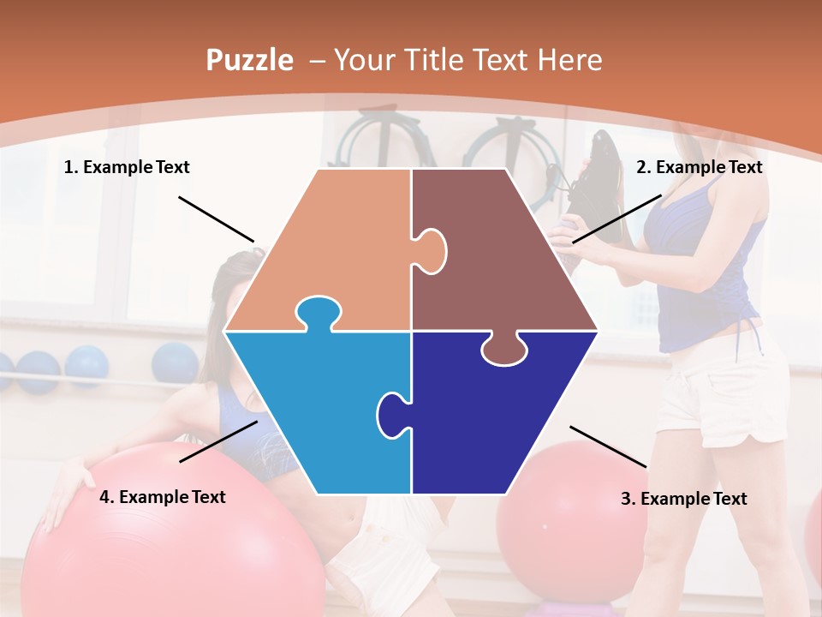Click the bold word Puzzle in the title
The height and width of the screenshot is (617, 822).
(249, 60)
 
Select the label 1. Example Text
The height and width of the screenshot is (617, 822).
(127, 167)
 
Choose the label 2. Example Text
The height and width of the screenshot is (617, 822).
(699, 167)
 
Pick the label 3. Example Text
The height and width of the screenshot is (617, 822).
(683, 499)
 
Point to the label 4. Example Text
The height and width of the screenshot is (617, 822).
(163, 497)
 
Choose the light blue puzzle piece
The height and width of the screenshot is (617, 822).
(317, 411)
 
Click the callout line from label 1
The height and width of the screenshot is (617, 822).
(216, 219)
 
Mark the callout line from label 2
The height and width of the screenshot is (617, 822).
(616, 219)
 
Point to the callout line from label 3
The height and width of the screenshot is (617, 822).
(608, 446)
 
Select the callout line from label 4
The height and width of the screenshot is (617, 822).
(218, 441)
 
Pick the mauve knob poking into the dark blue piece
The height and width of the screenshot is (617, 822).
(503, 350)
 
